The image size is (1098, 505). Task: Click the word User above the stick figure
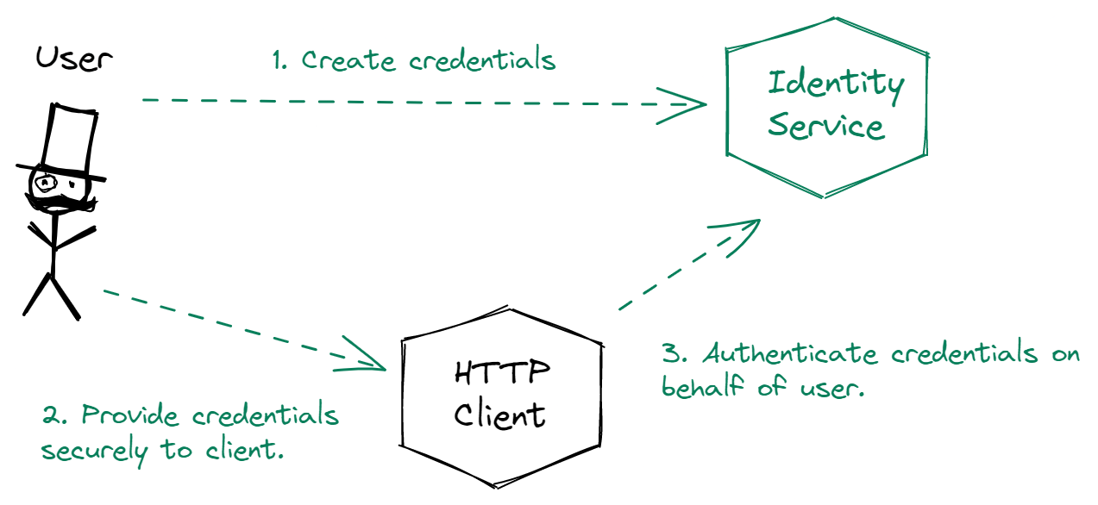(74, 59)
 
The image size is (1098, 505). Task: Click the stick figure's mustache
(60, 203)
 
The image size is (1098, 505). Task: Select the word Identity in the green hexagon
(836, 84)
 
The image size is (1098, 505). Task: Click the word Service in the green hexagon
(826, 127)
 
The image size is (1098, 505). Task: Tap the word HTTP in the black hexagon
(502, 372)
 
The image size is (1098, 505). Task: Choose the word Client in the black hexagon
(499, 416)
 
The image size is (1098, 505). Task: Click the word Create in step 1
(348, 60)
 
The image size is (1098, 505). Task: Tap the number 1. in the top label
(280, 60)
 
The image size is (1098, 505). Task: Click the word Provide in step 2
(130, 415)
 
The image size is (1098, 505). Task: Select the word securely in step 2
(94, 451)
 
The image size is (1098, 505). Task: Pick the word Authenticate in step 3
(790, 353)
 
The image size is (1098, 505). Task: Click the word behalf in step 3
(703, 386)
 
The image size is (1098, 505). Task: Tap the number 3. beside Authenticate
(674, 353)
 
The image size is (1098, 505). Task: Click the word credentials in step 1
(482, 59)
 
